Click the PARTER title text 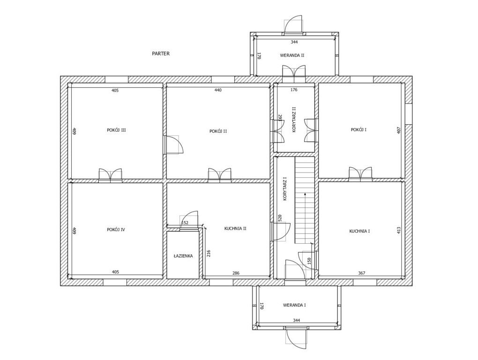(161, 54)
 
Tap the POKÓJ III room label (116, 130)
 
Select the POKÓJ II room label (218, 131)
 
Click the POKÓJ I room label (358, 130)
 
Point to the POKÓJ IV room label (116, 230)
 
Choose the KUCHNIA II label (235, 229)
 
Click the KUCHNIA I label (359, 231)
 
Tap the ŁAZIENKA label (183, 256)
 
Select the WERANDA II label (292, 55)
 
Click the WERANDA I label (294, 305)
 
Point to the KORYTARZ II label (294, 120)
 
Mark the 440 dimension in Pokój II (218, 90)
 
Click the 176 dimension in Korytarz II (294, 90)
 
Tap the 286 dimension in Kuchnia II (236, 273)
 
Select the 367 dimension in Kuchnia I (361, 273)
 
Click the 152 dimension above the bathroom (185, 223)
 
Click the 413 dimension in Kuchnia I (399, 230)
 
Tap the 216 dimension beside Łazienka (209, 253)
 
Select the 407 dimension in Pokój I (399, 130)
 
